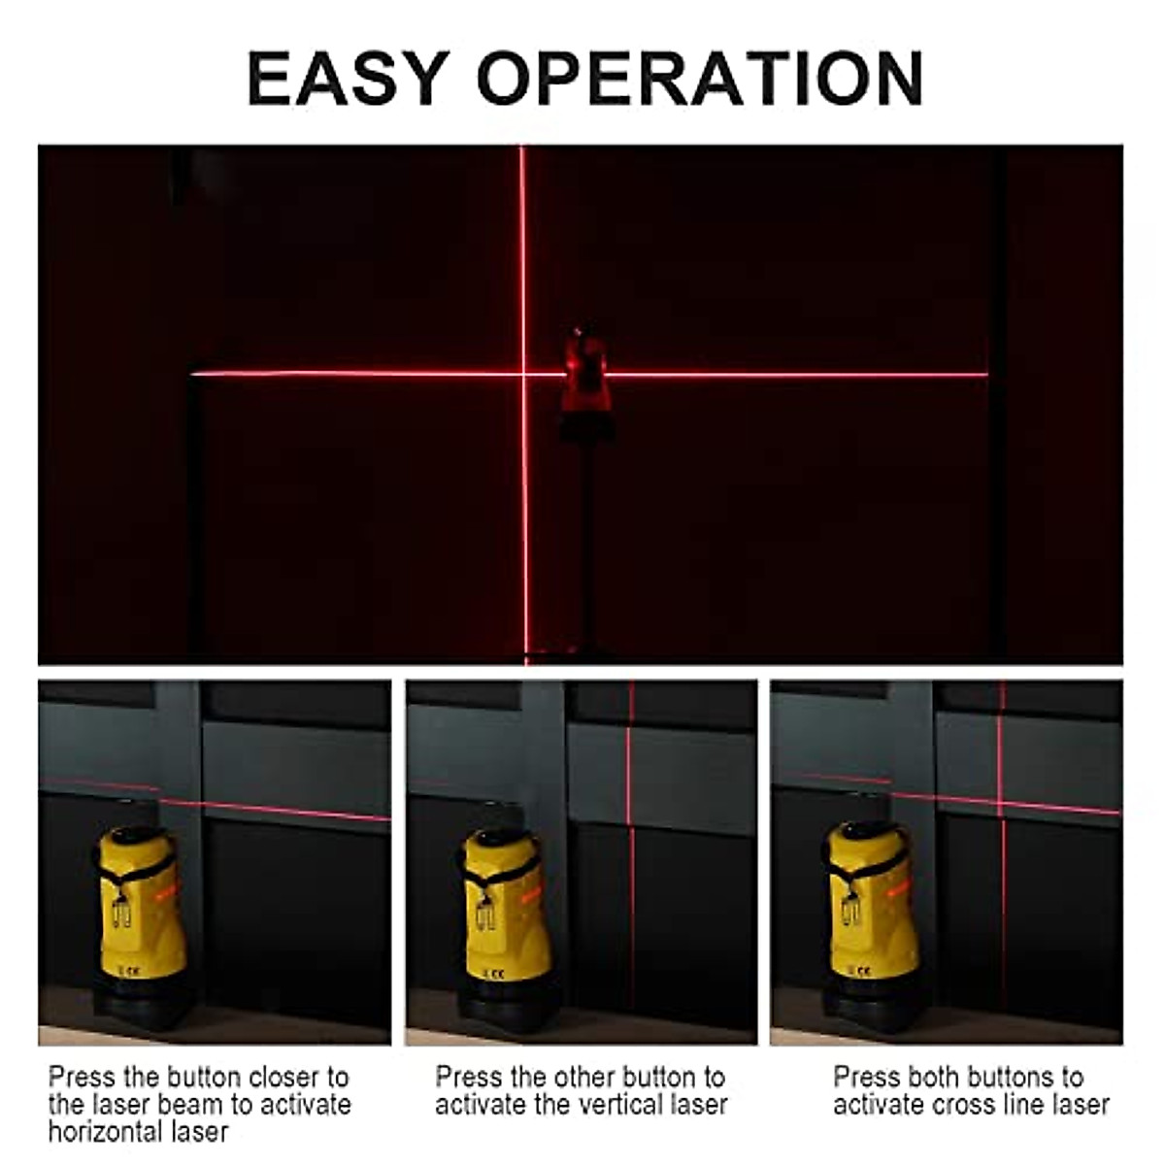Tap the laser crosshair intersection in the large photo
[523, 374]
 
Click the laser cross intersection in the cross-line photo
[1000, 802]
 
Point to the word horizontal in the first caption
[106, 1131]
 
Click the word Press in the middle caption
[468, 1077]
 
